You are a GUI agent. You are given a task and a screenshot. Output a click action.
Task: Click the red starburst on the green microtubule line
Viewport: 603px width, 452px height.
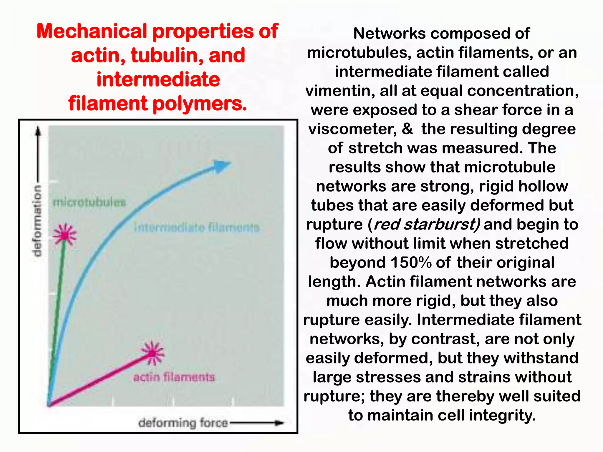click(65, 235)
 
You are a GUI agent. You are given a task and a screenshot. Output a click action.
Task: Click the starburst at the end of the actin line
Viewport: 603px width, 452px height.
click(152, 353)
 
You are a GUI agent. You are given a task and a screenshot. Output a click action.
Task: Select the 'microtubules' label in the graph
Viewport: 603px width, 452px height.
click(89, 202)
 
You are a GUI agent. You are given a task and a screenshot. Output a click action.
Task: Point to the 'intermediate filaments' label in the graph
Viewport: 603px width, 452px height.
click(197, 227)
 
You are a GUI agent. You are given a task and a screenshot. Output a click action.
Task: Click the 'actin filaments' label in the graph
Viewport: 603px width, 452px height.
click(174, 377)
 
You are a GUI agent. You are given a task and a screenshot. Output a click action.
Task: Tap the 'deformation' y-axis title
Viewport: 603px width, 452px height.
click(38, 221)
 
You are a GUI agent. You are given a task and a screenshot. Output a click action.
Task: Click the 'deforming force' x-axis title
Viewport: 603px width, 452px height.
click(183, 423)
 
